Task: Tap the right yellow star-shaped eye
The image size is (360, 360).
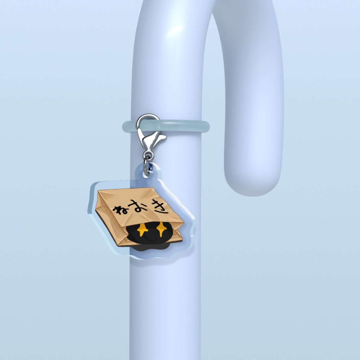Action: coord(161,229)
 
